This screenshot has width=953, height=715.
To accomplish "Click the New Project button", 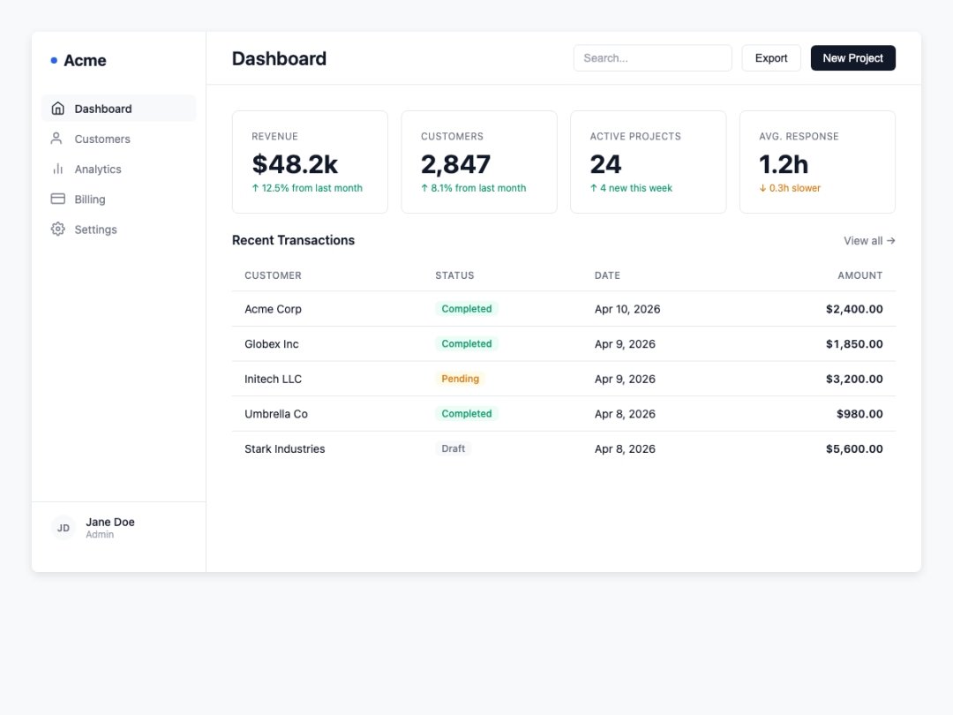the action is click(852, 57).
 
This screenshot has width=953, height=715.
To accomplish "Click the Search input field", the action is click(652, 57).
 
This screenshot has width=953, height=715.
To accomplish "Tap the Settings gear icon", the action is click(57, 230).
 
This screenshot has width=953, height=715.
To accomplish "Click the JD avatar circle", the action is click(64, 528).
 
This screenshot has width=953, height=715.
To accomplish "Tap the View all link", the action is click(869, 241).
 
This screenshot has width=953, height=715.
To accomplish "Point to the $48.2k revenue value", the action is click(295, 164).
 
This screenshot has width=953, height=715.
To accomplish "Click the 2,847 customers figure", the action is click(455, 164).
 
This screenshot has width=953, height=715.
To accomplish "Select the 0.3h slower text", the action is click(794, 188).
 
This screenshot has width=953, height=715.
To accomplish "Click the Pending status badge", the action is click(460, 379).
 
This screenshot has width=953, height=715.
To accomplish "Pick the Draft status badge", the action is click(454, 448).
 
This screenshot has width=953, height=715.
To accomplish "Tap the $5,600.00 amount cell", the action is click(854, 448).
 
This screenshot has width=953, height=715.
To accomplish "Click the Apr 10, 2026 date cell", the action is click(627, 309).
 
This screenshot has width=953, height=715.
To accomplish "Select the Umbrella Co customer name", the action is click(276, 414).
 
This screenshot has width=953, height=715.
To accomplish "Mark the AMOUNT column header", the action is click(860, 275).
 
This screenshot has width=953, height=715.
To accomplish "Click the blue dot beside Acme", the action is click(54, 60).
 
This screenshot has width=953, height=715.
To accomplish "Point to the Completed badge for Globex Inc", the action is click(467, 343).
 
